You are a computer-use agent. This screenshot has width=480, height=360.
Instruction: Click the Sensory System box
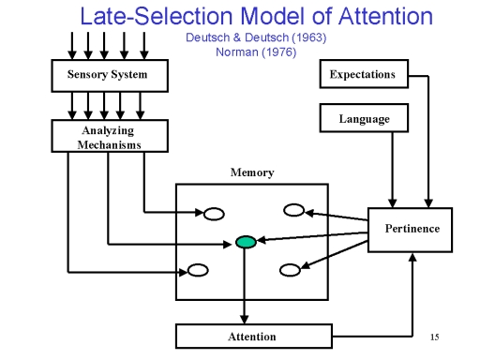(110, 76)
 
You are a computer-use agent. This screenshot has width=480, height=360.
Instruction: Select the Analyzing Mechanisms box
(110, 136)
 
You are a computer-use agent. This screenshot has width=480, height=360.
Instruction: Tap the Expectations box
(364, 74)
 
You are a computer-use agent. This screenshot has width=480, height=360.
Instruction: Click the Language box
(364, 118)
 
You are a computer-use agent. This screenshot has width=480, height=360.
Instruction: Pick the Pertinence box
(410, 230)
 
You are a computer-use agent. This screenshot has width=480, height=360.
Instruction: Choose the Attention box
(254, 337)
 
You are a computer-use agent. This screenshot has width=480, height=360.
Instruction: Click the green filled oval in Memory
(246, 242)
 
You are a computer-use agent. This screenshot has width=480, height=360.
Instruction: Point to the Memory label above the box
(252, 172)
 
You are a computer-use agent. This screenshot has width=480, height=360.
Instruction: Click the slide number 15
(434, 337)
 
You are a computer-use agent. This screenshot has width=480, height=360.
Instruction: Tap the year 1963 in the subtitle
(309, 37)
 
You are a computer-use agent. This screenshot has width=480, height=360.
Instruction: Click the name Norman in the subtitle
(237, 52)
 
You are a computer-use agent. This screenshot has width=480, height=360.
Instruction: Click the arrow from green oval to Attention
(245, 286)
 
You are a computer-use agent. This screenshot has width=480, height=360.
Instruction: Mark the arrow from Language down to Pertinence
(393, 170)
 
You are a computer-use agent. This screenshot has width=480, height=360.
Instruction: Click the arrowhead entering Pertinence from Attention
(412, 257)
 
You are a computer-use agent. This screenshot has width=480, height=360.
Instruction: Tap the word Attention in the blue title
(385, 16)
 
